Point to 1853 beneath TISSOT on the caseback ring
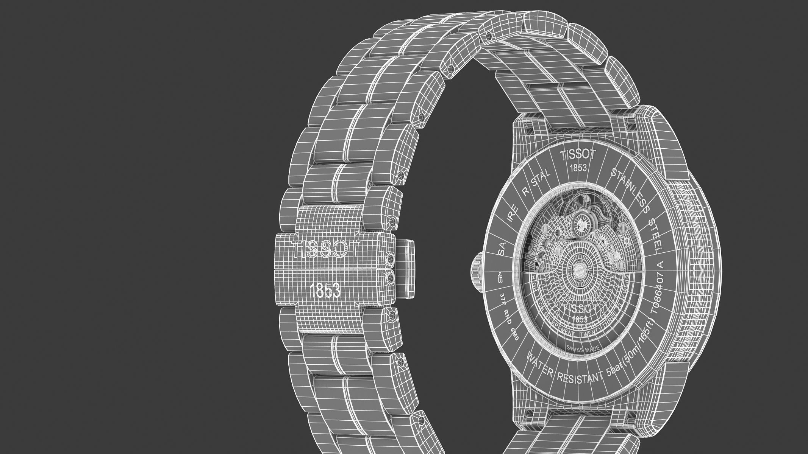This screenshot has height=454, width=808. pos(578,168)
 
